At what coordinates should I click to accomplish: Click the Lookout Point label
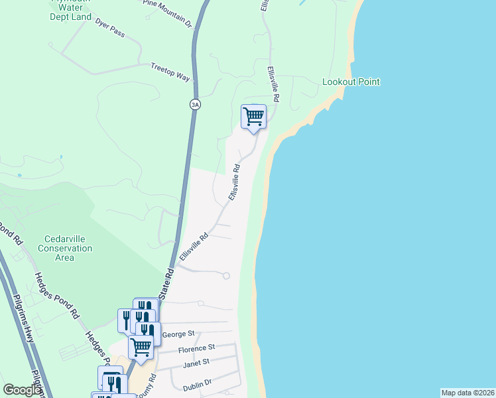click(351, 82)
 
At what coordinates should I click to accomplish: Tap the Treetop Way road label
click(170, 72)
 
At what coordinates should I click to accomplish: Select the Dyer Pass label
click(110, 27)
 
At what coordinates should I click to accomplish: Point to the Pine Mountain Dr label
click(167, 13)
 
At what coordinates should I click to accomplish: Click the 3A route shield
click(194, 104)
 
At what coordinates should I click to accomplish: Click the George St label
click(177, 334)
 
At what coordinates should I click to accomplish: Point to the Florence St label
click(196, 348)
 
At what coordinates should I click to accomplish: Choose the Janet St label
click(196, 362)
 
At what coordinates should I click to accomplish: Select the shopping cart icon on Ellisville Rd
click(253, 117)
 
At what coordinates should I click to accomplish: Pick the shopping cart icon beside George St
click(141, 346)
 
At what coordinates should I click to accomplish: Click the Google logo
click(23, 390)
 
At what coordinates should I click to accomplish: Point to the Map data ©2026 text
click(467, 393)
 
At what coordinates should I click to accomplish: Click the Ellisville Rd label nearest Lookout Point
click(273, 84)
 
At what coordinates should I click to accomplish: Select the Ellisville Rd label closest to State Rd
click(194, 246)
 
